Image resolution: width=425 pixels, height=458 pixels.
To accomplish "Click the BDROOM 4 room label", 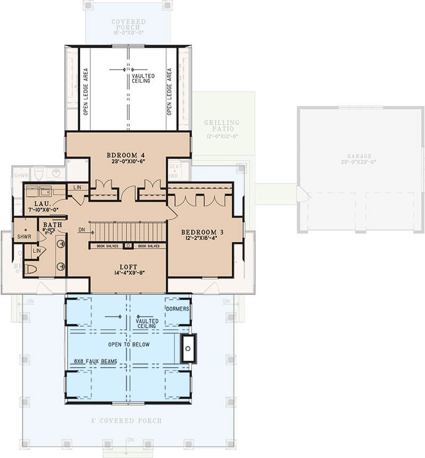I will [x=128, y=155].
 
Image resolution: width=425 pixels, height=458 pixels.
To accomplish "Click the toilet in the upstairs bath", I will [x=31, y=269].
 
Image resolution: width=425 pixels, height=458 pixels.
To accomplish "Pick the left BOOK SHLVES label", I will [x=108, y=246].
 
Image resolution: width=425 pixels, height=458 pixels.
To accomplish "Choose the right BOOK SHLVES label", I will [x=149, y=246].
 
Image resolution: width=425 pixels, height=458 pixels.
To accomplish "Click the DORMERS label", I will [x=177, y=308].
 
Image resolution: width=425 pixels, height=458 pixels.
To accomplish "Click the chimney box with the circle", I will [x=188, y=349].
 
